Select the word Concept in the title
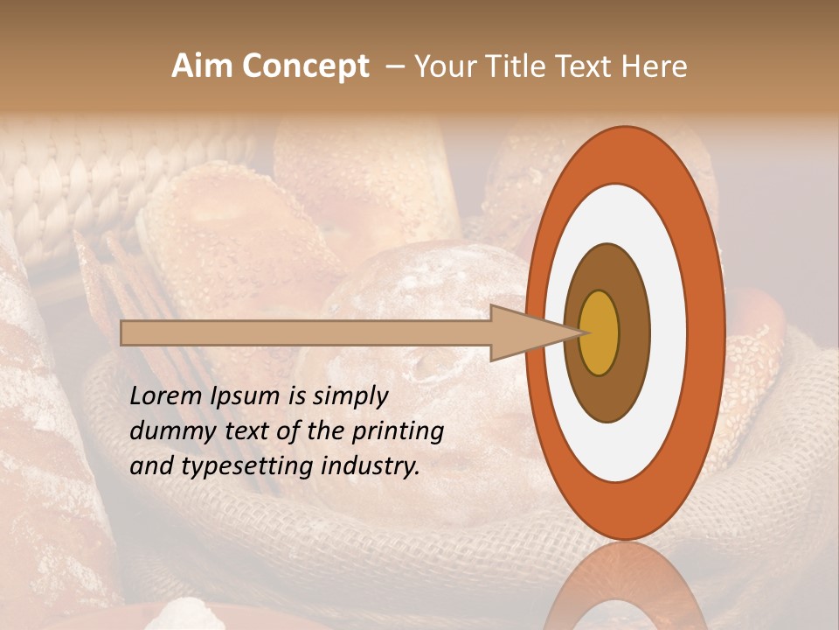304,66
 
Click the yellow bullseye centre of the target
599,332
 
